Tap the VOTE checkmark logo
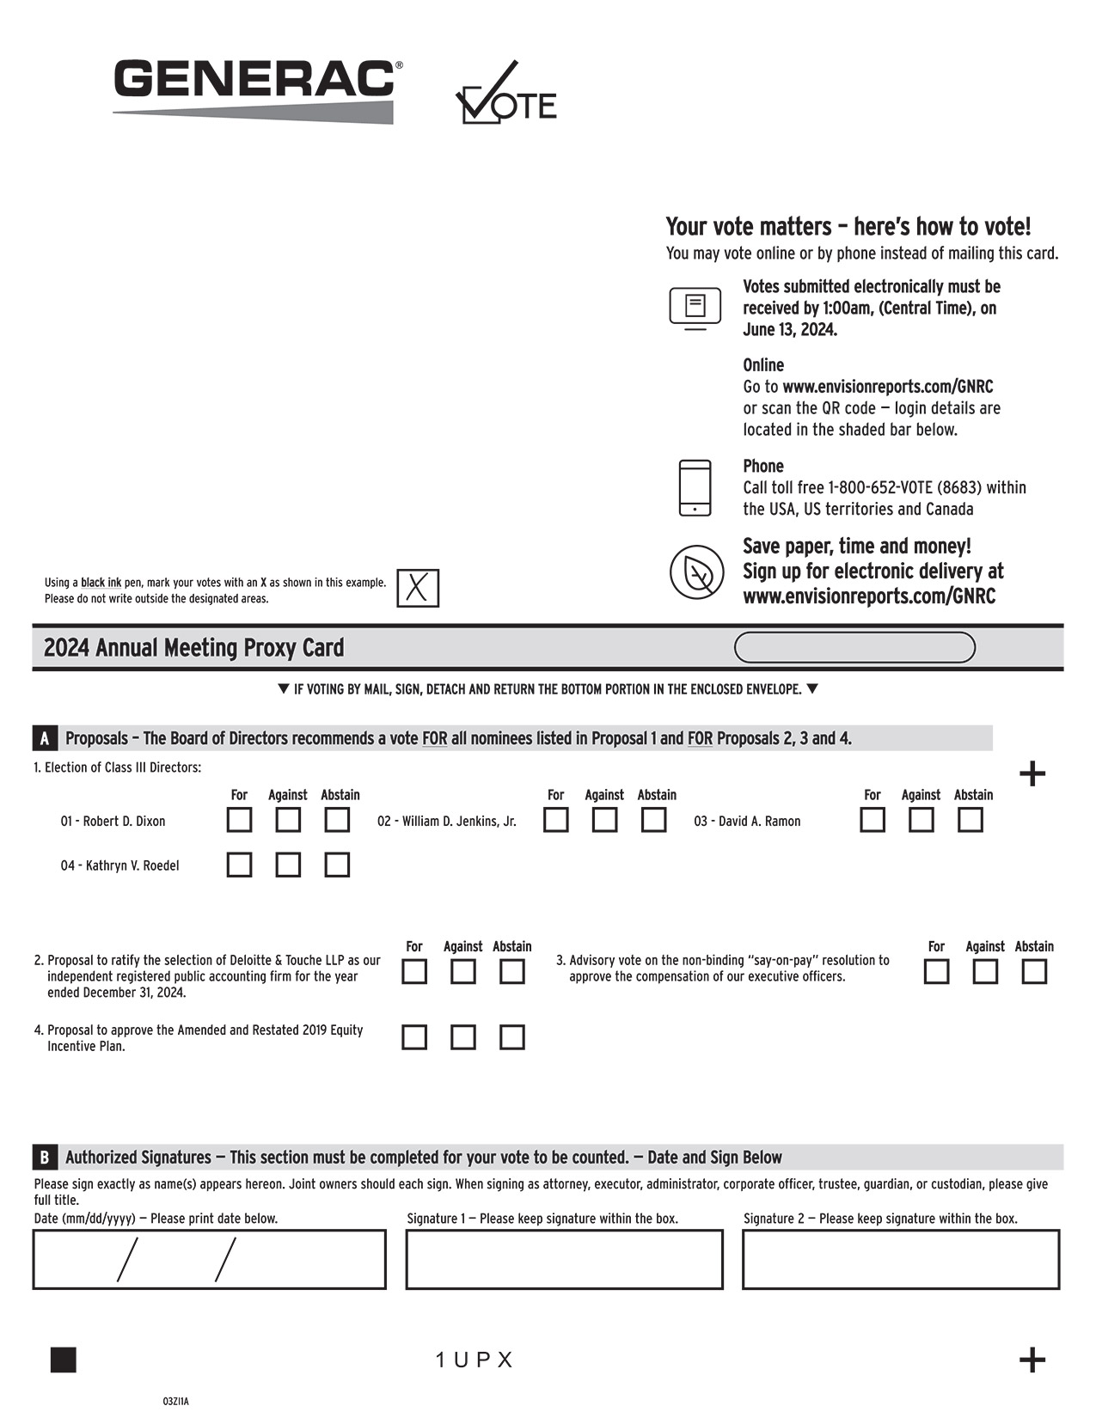click(x=505, y=95)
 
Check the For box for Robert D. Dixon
click(x=239, y=820)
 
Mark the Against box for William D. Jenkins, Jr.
click(x=604, y=820)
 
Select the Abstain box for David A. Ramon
click(x=970, y=820)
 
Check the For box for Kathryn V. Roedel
click(x=239, y=865)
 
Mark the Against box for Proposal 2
click(x=463, y=972)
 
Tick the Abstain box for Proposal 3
click(x=1034, y=972)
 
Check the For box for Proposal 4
click(x=414, y=1037)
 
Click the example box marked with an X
click(x=418, y=589)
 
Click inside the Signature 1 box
click(x=564, y=1260)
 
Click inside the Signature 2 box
click(x=901, y=1260)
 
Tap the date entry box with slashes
click(x=209, y=1260)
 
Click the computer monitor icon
click(x=695, y=308)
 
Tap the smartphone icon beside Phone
click(x=695, y=488)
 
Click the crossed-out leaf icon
click(x=696, y=572)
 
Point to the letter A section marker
click(x=45, y=738)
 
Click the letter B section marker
click(x=45, y=1158)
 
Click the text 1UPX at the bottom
click(x=474, y=1360)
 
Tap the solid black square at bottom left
click(x=64, y=1360)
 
